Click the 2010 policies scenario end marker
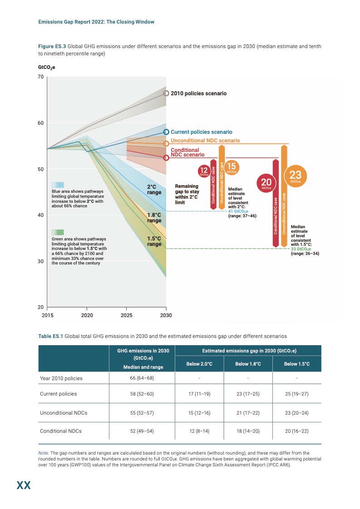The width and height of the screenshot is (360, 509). coord(166,93)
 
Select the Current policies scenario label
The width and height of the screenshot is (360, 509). coord(201,132)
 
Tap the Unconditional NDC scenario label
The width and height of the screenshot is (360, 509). coord(205,141)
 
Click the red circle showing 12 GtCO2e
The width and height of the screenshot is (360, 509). coord(204,171)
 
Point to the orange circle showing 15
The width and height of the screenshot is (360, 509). coord(232,167)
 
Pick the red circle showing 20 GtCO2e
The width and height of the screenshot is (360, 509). coord(266,182)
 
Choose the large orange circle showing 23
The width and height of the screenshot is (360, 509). coord(295,176)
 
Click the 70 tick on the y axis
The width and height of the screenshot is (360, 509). coord(40,77)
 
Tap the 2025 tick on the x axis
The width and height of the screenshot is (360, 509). coord(126,315)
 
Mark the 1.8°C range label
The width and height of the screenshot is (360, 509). coord(154,218)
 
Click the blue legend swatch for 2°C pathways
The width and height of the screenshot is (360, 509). coord(58,185)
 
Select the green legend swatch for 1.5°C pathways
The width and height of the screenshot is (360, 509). coord(58,232)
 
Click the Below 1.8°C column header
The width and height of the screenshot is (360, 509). coord(248,364)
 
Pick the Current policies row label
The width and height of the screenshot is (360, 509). coord(59,394)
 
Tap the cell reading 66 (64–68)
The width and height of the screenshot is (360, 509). coord(143,378)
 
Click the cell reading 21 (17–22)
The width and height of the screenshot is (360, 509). coord(248,413)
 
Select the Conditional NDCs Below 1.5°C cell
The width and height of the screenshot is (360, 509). coord(297,431)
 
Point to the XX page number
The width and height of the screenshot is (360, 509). coord(24,486)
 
